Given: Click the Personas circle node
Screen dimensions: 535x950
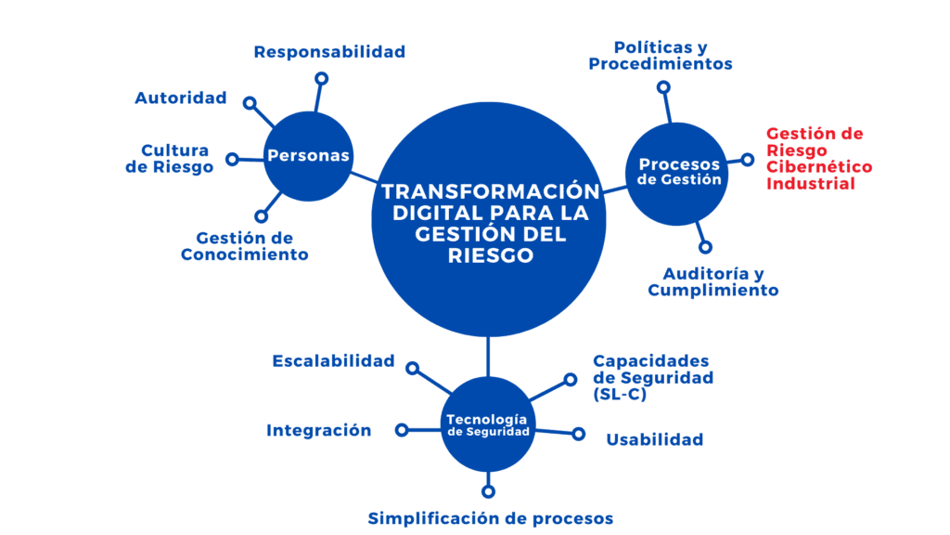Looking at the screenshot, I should coord(308,155).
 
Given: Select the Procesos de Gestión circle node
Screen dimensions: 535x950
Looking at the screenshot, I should coord(679,172).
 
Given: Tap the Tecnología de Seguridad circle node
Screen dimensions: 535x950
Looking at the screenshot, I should coord(488,424).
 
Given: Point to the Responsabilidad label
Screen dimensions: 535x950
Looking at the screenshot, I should coord(329,52).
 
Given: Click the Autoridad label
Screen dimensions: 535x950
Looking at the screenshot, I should coord(180,98).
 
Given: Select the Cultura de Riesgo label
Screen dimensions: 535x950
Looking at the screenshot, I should coord(175,159).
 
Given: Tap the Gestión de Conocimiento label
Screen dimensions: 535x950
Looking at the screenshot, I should coord(245,246).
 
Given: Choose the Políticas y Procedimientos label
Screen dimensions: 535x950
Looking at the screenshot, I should coord(661,55).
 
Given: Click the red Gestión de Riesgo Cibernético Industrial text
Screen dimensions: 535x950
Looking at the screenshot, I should coord(819,159).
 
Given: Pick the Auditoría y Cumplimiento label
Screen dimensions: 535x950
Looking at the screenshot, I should coord(712,281).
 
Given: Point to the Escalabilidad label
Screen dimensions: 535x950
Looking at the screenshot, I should coord(333,360).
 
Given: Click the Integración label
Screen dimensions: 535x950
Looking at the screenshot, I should coord(318,430).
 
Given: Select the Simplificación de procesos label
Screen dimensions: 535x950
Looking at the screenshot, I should coord(490,517).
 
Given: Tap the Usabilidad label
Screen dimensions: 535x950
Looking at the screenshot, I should coord(654,439).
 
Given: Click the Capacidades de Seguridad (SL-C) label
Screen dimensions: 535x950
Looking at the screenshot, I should coord(652,377).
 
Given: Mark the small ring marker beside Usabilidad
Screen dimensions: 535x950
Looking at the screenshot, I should coord(578,434).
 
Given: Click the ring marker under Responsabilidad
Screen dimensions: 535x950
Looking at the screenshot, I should coord(321,79).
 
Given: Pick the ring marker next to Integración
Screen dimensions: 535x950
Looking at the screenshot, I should coord(401,430).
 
